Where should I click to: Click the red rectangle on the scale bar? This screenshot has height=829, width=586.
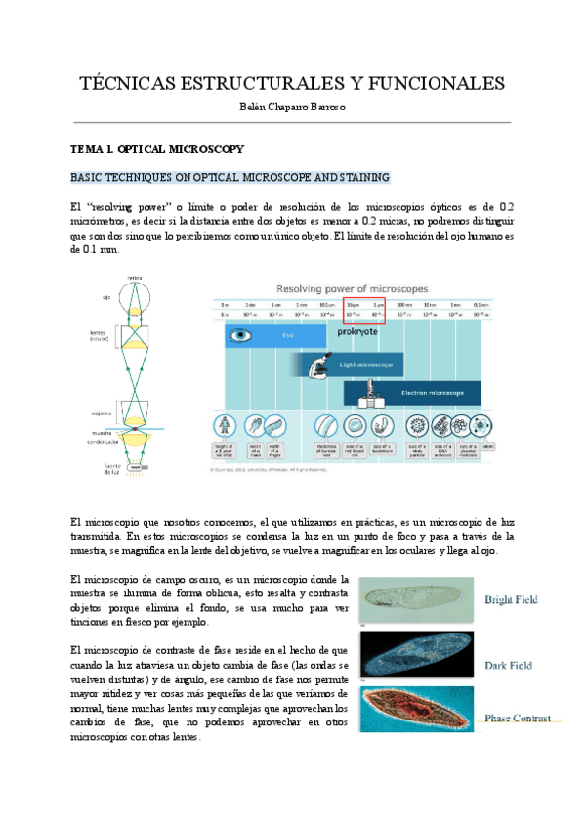pyautogui.click(x=364, y=310)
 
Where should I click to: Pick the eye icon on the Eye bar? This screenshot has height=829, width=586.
pyautogui.click(x=237, y=335)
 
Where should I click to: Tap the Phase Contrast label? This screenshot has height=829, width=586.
pyautogui.click(x=518, y=718)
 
